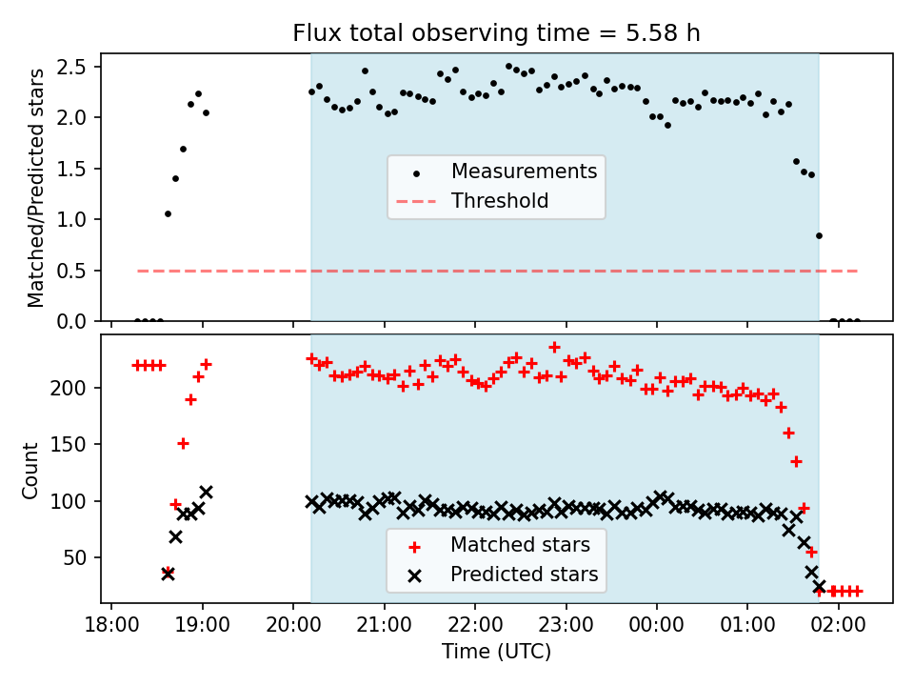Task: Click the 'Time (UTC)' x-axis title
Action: coord(496,651)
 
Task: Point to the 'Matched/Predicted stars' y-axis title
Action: coord(35,188)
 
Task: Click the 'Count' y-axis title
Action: coord(30,471)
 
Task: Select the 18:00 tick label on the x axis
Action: coord(112,625)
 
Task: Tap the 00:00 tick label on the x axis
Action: coord(657,625)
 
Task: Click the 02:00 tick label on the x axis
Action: coord(839,625)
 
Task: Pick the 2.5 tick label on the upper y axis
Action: coord(71,67)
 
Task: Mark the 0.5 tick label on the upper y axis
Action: coord(71,271)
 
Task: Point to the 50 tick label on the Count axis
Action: coord(74,557)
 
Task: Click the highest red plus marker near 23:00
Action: coord(554,347)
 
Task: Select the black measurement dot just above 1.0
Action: coord(168,214)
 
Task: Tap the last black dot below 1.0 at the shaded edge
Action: coord(819,235)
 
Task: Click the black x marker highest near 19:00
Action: coord(206,492)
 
